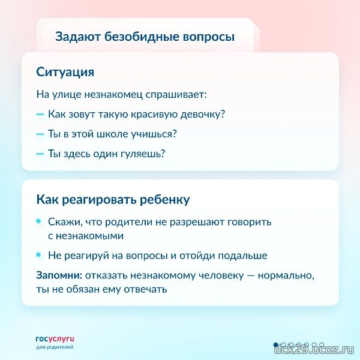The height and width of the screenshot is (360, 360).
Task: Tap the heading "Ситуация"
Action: click(x=65, y=72)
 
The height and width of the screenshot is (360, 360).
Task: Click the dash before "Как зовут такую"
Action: click(x=40, y=114)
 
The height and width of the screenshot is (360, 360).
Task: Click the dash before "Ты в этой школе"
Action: click(x=40, y=134)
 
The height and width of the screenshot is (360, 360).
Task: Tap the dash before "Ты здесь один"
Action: click(x=40, y=154)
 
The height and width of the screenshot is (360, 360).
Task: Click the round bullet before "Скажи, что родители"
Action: click(x=39, y=221)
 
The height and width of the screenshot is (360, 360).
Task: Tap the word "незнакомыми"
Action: click(x=89, y=236)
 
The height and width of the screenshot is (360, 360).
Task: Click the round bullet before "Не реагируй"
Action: click(x=39, y=255)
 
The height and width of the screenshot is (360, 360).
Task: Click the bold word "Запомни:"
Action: click(x=59, y=275)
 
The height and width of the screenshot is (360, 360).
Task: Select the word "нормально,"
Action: click(x=286, y=275)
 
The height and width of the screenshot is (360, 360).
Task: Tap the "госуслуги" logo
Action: click(x=55, y=339)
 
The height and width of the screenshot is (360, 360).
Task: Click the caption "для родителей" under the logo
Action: click(x=55, y=347)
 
